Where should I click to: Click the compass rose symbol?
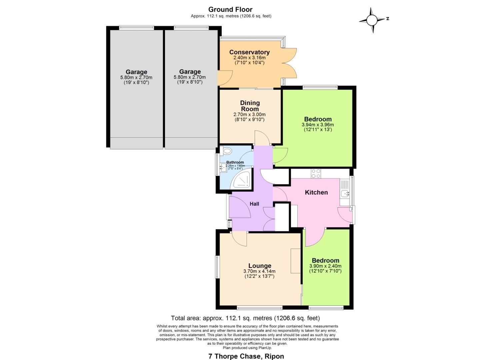pos(372,20)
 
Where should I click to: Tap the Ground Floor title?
pos(230,9)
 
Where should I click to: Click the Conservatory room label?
pos(249,52)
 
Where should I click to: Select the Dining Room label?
pos(250,106)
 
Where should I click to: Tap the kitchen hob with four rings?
pos(315,173)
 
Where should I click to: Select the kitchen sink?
pos(344,193)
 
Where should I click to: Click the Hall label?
pos(254,204)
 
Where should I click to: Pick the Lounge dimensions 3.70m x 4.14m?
pos(259,271)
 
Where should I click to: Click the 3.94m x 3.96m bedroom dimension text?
pos(317,125)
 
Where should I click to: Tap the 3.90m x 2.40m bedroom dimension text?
pos(325,266)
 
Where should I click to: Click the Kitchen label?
pos(316,192)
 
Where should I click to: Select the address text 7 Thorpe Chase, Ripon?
pos(246,356)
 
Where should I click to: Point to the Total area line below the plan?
pos(245,318)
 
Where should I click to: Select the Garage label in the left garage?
pos(136,72)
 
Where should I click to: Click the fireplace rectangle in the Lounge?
pos(295,261)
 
